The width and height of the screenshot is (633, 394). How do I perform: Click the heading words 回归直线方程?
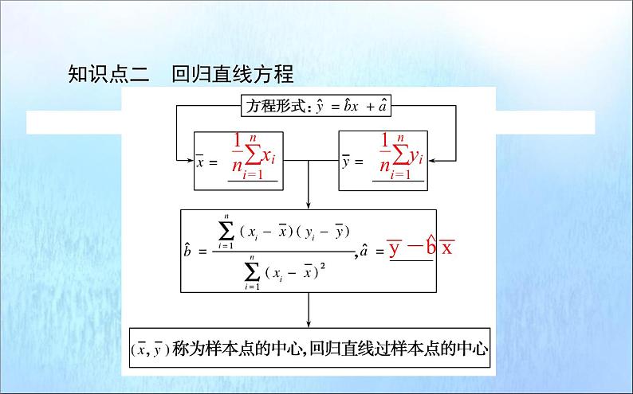(232, 75)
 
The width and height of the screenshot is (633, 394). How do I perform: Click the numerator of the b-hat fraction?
(284, 231)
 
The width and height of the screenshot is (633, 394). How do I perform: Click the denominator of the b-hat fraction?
(285, 271)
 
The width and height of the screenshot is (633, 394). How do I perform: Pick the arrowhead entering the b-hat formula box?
(309, 205)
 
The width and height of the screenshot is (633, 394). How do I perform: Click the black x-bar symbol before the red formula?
(201, 162)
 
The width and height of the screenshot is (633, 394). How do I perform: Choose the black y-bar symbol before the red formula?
(346, 162)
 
